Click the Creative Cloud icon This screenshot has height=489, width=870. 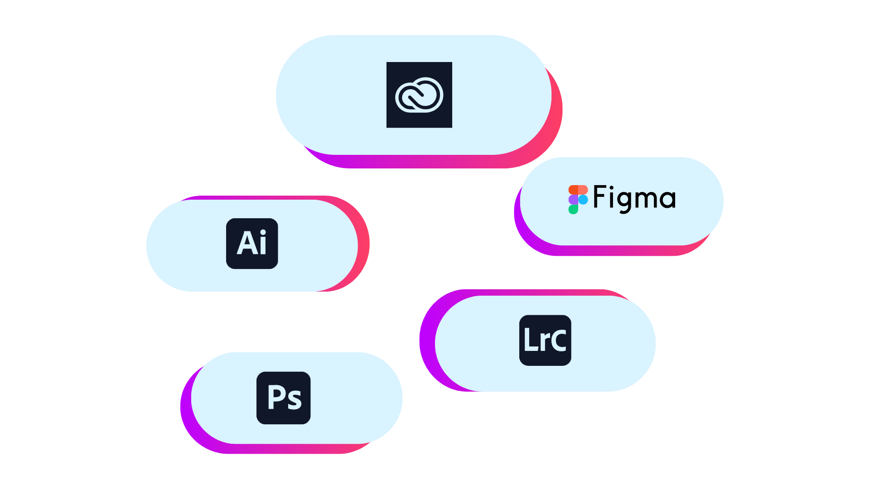coord(419,95)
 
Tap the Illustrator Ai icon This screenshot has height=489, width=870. coord(252,244)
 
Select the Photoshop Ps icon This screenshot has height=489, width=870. coord(284,398)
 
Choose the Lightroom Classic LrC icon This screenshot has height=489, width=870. coord(545,340)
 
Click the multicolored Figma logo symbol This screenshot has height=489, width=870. coord(578,199)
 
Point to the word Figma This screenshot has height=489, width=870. coord(634,198)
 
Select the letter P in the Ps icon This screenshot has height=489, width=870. coord(275,397)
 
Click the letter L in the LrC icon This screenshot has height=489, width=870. coord(529,340)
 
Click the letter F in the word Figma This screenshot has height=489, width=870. coord(599,197)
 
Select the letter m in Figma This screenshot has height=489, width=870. coord(645,199)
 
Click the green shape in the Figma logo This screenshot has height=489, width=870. coord(573,209)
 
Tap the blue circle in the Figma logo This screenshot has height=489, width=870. coord(583,200)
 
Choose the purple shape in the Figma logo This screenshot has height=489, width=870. coord(573,200)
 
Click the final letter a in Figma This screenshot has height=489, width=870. coord(668,199)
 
